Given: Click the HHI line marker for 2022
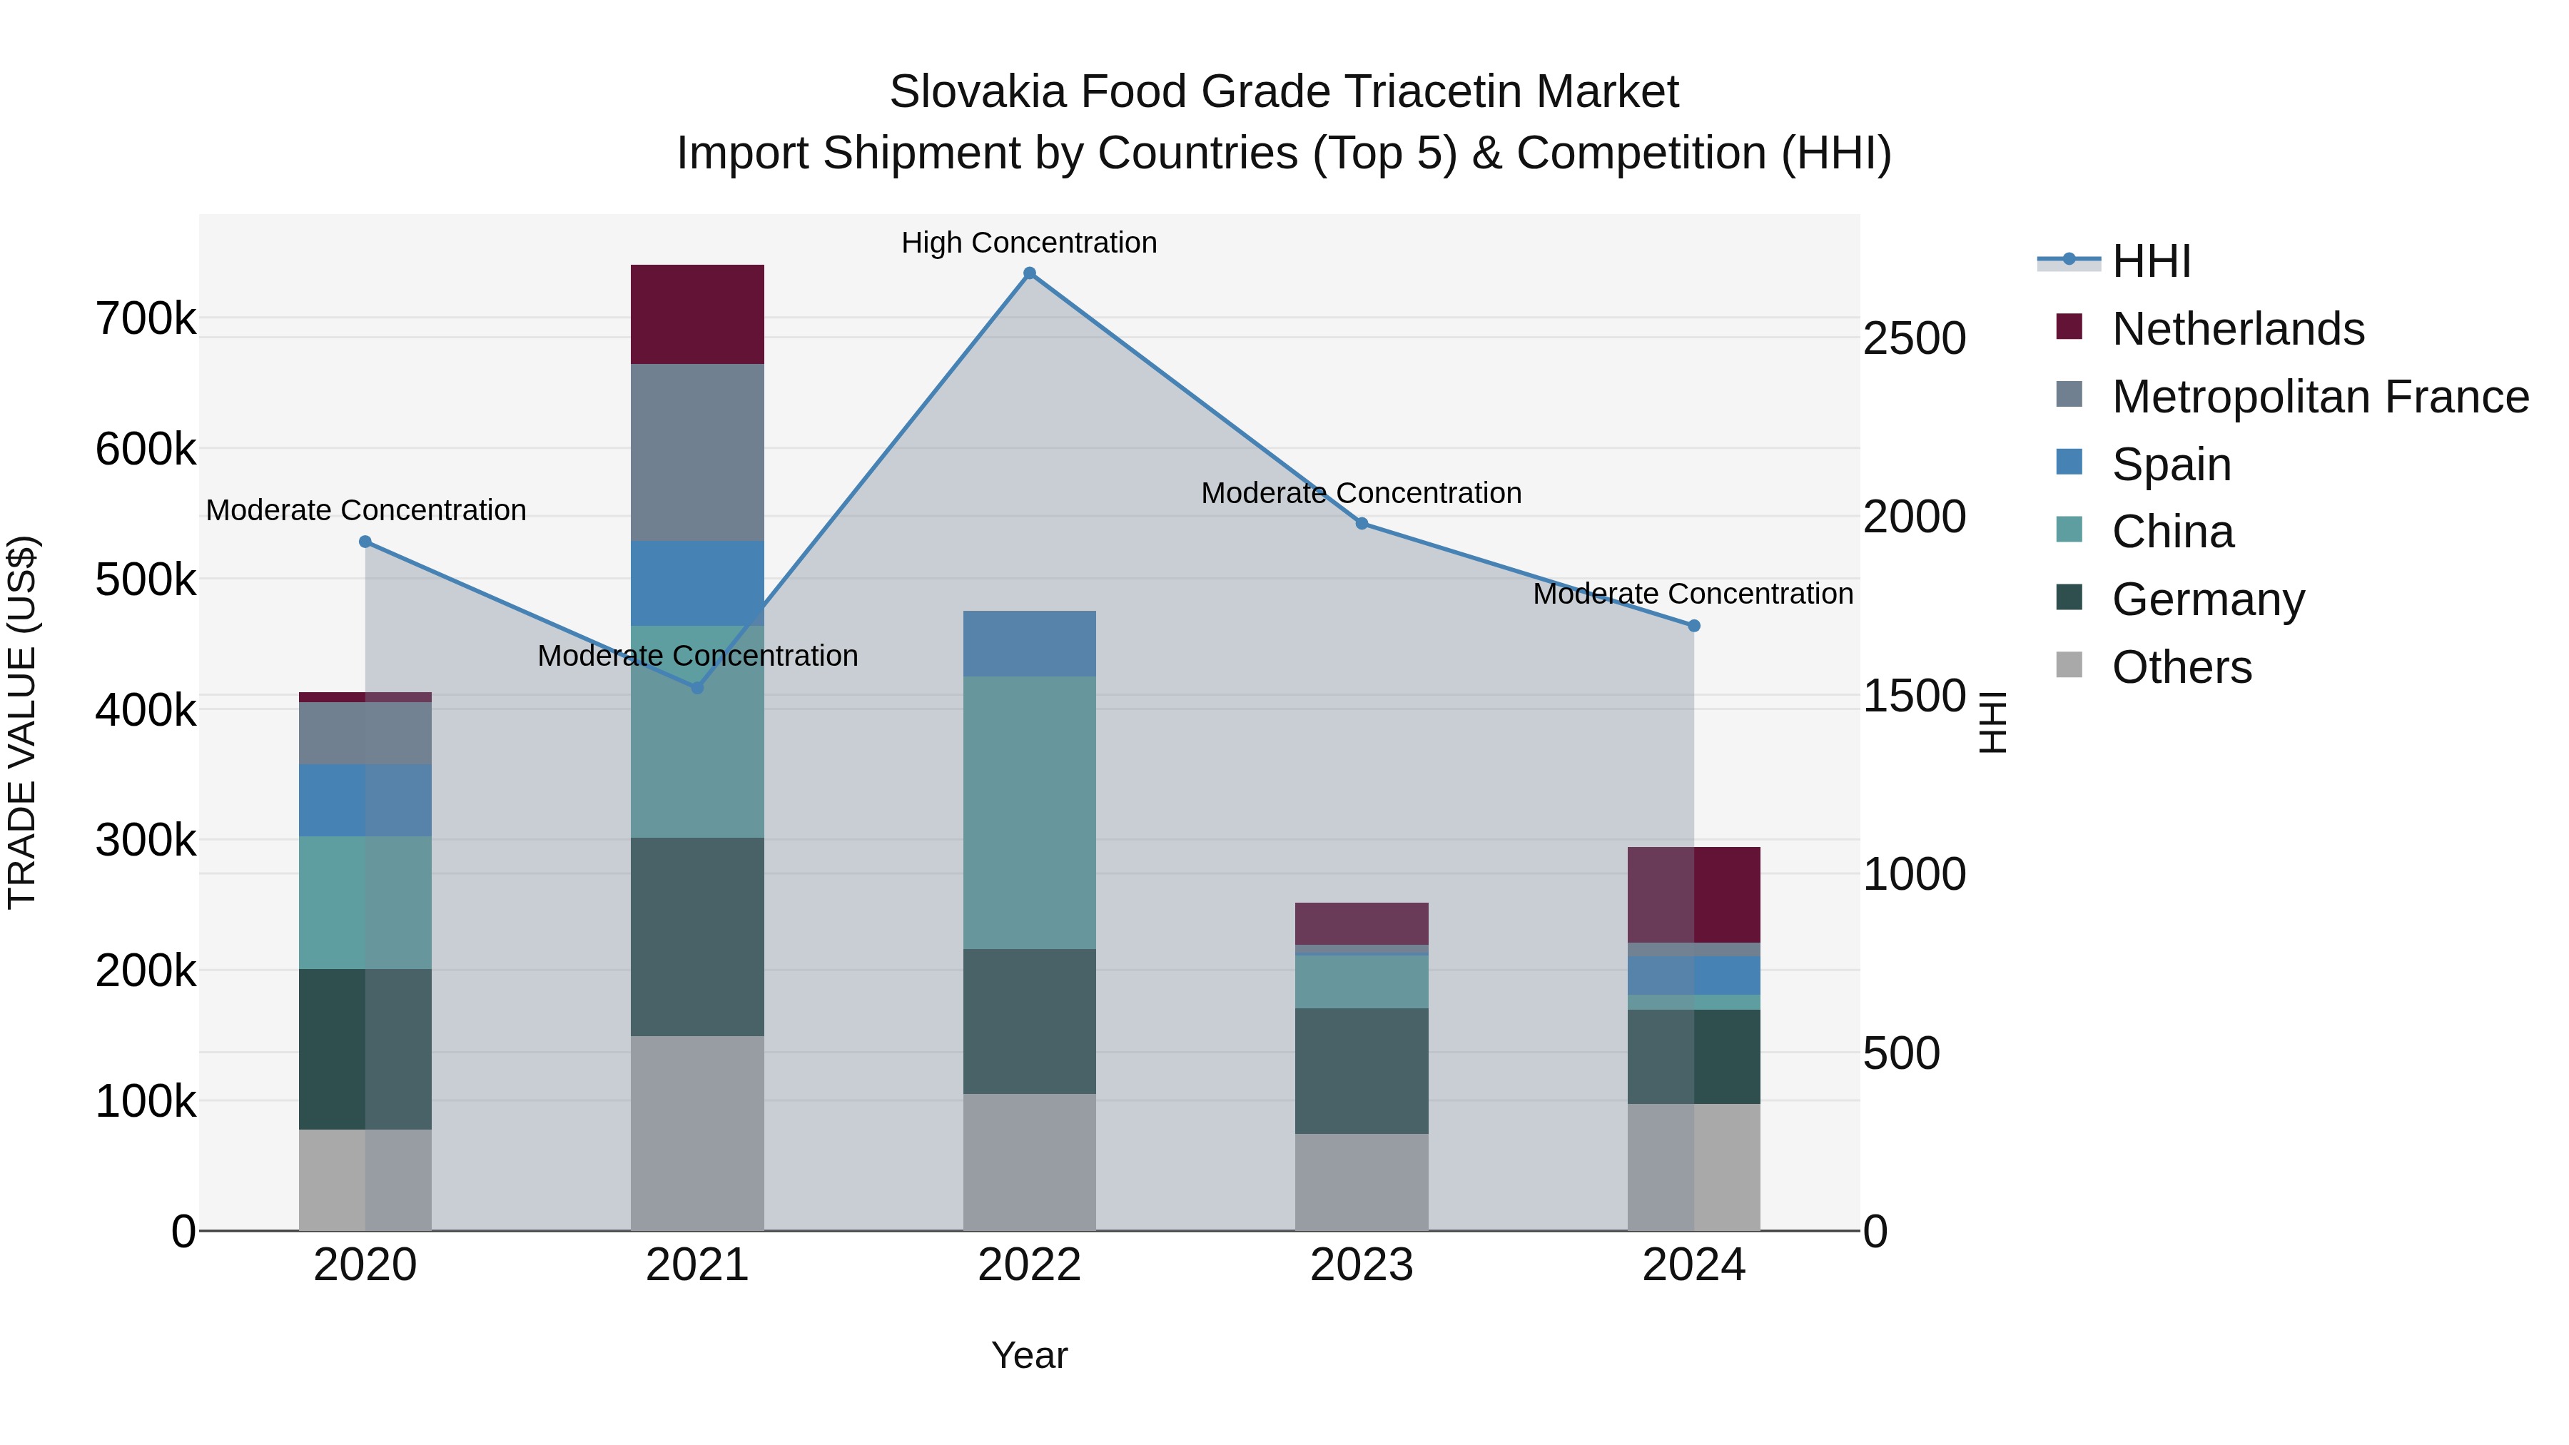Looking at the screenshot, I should pos(1029,273).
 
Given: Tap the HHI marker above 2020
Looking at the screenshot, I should pos(365,542).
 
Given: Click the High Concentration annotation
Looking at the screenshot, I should pos(1029,243).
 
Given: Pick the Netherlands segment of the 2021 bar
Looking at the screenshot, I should pos(697,314).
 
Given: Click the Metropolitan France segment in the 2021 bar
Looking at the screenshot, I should pos(697,452).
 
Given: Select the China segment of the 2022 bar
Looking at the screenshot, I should pos(1029,812).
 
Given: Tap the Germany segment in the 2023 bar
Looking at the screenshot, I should pos(1362,1070).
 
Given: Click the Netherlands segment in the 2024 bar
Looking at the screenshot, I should pos(1693,895).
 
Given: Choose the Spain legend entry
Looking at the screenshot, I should pos(2170,465).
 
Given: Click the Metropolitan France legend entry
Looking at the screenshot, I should pos(2320,397).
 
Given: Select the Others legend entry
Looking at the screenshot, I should pos(2181,667).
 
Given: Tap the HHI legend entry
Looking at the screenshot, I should pos(2151,261).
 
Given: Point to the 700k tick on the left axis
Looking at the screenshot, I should pos(146,319).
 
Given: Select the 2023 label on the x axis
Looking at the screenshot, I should pos(1362,1265).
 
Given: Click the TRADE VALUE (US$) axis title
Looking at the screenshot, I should pos(22,722).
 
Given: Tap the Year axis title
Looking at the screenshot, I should pos(1029,1355).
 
